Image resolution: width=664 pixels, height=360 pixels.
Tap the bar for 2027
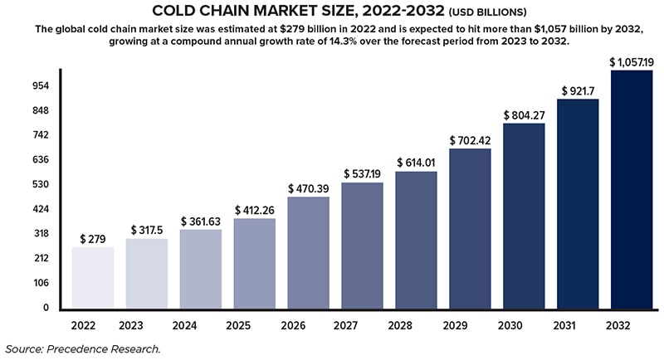[x=363, y=246]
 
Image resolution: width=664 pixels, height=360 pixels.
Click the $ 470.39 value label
[x=309, y=189]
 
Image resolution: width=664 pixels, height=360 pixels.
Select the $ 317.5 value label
[x=147, y=230]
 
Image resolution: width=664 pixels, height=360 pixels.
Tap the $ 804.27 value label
[x=524, y=115]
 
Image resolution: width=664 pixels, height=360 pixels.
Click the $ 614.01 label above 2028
[x=417, y=163]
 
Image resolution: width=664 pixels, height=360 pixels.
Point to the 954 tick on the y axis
[x=18, y=85]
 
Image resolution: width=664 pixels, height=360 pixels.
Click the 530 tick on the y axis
[x=18, y=184]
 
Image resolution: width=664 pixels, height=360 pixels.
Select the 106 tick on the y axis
[x=18, y=283]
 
